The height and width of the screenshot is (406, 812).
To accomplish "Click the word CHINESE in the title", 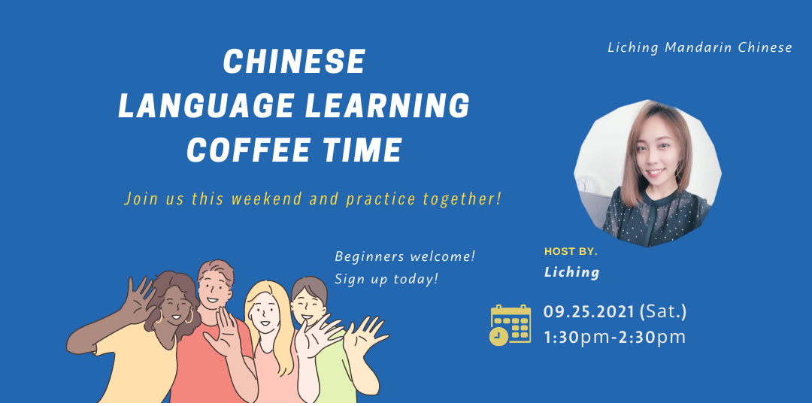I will (x=294, y=62).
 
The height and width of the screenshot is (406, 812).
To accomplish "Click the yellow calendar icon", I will (x=510, y=325).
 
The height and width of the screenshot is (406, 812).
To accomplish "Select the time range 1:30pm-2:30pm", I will (x=614, y=337).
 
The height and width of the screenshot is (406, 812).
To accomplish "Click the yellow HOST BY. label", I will (x=571, y=252).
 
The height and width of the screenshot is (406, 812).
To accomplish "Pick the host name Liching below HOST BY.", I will (x=571, y=272).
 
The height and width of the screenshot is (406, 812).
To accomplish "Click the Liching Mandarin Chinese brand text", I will (x=699, y=48).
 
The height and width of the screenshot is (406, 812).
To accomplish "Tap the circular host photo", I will (x=647, y=174).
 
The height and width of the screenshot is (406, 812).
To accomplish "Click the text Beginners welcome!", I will (x=404, y=257).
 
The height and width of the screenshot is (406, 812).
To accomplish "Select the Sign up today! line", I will (x=386, y=280).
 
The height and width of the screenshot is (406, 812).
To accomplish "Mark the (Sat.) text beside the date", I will (x=662, y=312).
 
